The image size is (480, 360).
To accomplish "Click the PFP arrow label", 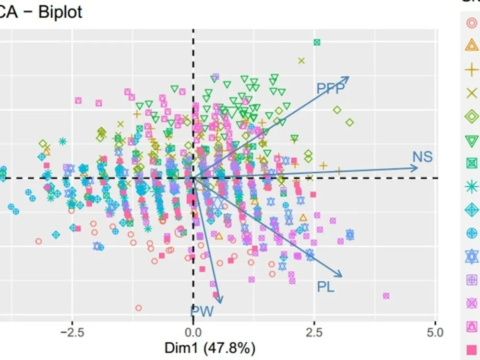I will click(331, 88).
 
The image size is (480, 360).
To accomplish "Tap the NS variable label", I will click(422, 157).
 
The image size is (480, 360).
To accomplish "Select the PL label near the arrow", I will click(325, 287).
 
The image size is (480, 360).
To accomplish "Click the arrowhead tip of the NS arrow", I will click(418, 168).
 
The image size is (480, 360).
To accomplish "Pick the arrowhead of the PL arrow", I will click(342, 276).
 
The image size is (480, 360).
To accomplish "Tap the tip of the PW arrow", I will click(220, 303).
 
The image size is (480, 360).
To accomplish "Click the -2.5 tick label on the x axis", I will click(71, 332).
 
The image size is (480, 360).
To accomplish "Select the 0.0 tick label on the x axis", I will click(193, 332).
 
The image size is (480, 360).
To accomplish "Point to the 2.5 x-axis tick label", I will click(314, 332).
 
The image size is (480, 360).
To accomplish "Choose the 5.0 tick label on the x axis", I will click(435, 332).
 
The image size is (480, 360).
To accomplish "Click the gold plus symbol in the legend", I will click(472, 70).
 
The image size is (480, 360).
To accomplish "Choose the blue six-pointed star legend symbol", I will click(472, 256).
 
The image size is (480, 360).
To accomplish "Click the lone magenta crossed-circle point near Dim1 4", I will click(386, 296).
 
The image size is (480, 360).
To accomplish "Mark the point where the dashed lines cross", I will click(193, 178).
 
